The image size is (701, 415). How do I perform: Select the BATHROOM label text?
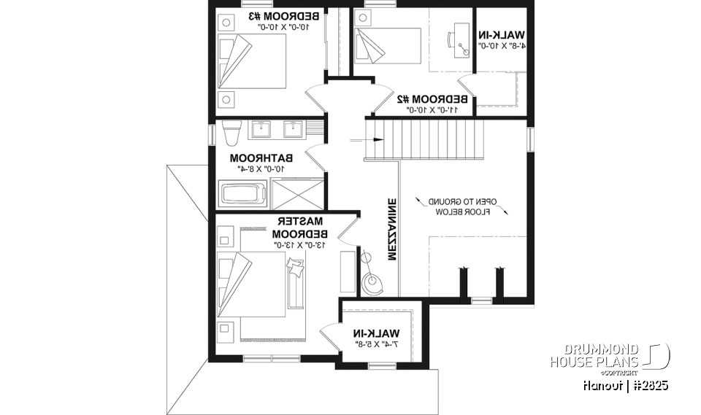click(x=261, y=158)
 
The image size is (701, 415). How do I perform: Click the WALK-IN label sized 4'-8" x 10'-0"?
click(x=502, y=34)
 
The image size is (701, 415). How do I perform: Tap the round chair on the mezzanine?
click(x=373, y=281)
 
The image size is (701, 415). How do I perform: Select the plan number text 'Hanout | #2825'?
click(x=624, y=384)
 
